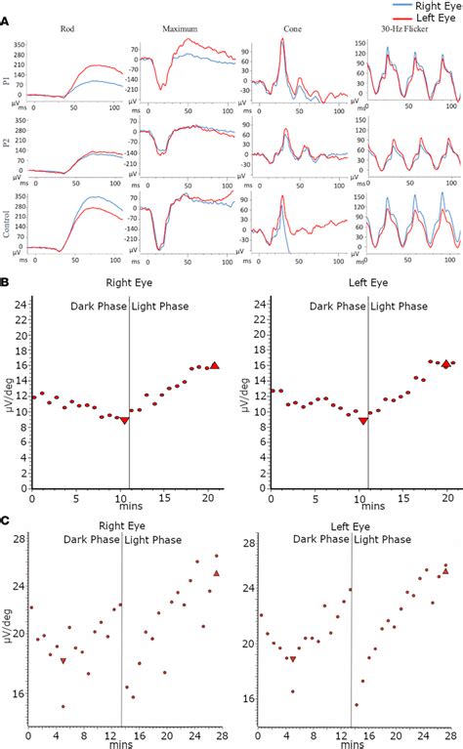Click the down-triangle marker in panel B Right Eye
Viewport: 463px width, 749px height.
[124, 421]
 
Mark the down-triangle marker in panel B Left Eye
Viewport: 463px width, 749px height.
[363, 421]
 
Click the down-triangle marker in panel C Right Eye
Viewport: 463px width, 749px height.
[63, 661]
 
